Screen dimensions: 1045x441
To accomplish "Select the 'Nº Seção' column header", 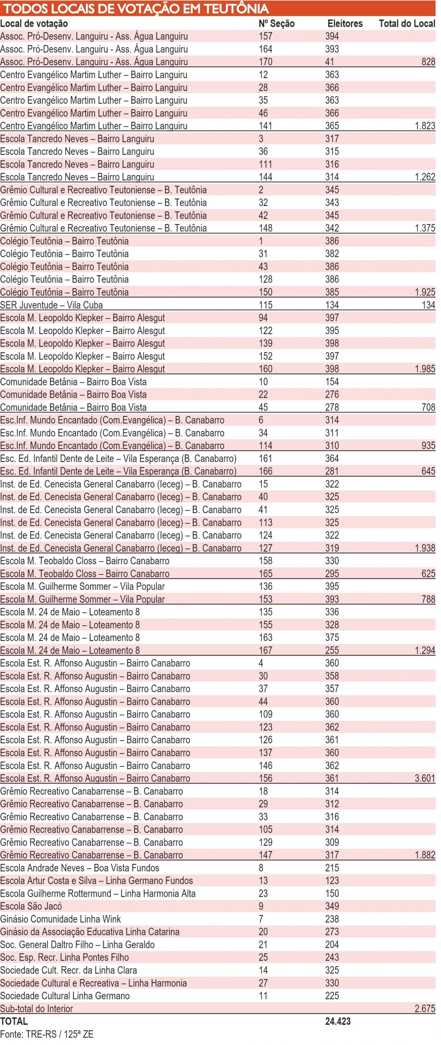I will click(x=276, y=24).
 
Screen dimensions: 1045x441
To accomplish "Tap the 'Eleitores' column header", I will click(x=345, y=24).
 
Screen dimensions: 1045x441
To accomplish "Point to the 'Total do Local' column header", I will click(x=407, y=24).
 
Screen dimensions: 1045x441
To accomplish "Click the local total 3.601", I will click(x=425, y=778).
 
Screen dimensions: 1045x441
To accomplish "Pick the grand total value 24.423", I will click(x=338, y=1021).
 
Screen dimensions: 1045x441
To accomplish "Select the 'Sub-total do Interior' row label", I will click(x=36, y=1008).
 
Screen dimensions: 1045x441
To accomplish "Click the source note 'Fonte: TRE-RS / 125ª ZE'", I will click(x=47, y=1034).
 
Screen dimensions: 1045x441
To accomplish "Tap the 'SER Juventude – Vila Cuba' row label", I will click(x=51, y=305).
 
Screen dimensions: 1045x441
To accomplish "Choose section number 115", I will click(x=266, y=305).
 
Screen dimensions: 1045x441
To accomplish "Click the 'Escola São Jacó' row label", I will click(x=31, y=906).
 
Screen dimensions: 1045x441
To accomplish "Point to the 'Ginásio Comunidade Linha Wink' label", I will click(x=60, y=919).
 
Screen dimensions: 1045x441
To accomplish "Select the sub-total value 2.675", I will click(x=425, y=1008).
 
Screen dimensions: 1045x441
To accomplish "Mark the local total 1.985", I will click(x=425, y=369).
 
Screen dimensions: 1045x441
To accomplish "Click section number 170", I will click(x=266, y=62).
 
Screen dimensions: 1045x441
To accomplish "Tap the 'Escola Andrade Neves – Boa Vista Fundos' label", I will click(x=79, y=868).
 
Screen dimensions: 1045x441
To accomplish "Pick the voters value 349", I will click(x=332, y=906).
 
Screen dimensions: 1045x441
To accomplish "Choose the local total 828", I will click(x=428, y=62).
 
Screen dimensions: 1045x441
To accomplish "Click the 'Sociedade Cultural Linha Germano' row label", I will click(x=65, y=995).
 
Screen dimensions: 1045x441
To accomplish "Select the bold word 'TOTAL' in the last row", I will click(x=14, y=1021).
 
